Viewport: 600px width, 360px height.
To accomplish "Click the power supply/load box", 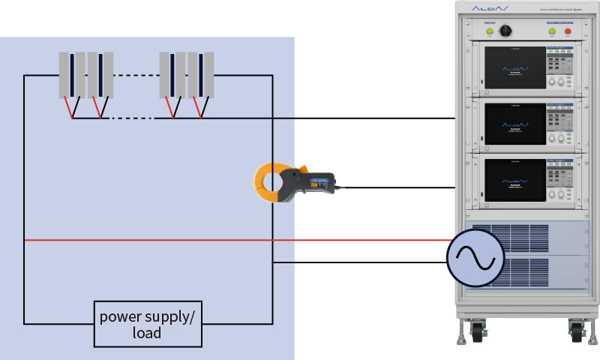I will [x=147, y=323].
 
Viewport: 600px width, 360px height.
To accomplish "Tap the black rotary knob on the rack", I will [x=505, y=31].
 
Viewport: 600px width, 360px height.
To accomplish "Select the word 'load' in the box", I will [x=147, y=331].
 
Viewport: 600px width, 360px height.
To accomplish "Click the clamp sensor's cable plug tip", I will [x=339, y=187].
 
